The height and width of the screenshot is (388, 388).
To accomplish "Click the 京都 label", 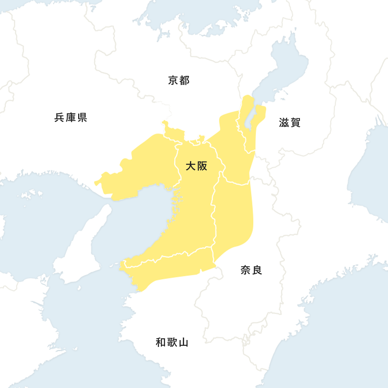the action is tap(179, 80).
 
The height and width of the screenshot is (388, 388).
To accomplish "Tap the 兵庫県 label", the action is tap(70, 117).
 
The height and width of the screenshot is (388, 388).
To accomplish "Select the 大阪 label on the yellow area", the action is tap(196, 166).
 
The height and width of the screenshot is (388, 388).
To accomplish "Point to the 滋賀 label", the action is tap(290, 123).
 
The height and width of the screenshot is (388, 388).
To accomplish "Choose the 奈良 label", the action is tap(251, 270).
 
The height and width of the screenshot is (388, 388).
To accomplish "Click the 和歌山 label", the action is tap(172, 342).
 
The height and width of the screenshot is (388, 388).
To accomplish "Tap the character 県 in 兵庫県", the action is tap(82, 117).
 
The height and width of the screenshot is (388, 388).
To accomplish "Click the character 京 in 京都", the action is tap(173, 80).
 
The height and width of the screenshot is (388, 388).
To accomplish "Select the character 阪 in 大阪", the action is tap(202, 166).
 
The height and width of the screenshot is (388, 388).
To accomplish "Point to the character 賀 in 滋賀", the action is tap(296, 123).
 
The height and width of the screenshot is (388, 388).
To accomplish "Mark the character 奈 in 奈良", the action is tap(245, 270).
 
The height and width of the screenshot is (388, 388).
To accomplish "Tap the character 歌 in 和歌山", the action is tap(172, 342).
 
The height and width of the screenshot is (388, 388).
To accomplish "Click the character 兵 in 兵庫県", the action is tap(59, 117).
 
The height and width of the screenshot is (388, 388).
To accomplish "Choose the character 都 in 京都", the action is tap(185, 80).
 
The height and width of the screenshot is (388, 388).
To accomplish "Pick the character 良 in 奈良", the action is tap(257, 270).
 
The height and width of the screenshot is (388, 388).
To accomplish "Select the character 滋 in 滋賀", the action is tap(284, 123).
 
